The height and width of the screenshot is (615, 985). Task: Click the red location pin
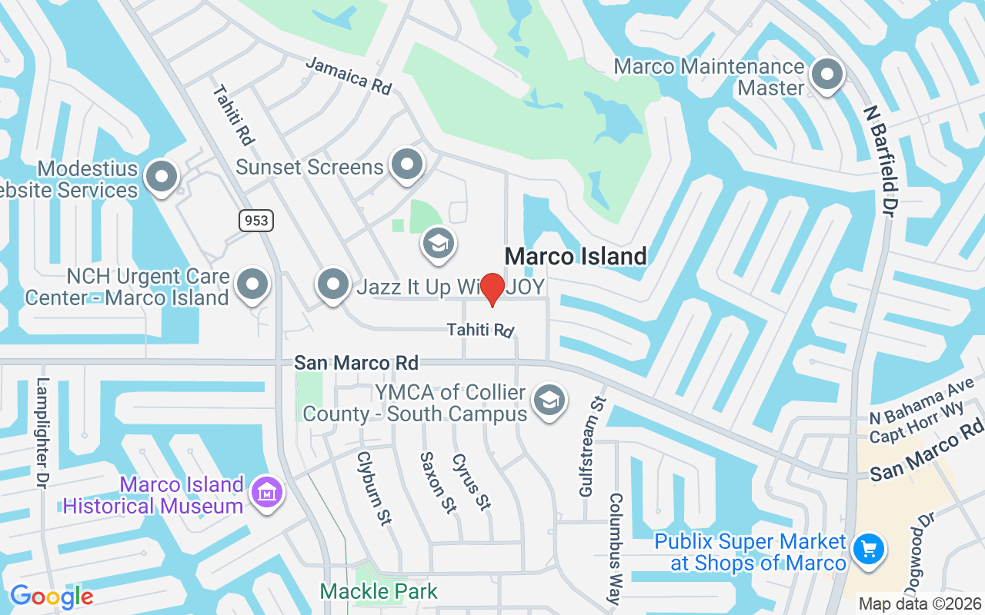(492, 289)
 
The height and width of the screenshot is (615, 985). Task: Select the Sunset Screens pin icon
(407, 165)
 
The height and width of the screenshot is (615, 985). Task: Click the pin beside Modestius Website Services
(162, 177)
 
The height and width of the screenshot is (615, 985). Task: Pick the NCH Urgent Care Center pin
(252, 284)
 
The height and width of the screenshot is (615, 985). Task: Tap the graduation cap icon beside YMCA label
(549, 401)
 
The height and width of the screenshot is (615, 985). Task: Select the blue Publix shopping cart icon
(870, 550)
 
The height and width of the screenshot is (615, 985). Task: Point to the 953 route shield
(255, 221)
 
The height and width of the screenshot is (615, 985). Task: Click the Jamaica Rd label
(349, 75)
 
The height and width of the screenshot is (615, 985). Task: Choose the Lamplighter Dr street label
(43, 434)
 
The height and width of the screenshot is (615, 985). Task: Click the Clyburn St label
(374, 487)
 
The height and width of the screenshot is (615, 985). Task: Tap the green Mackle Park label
(379, 591)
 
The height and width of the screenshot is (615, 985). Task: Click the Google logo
(52, 597)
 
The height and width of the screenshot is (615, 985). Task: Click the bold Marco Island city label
(576, 256)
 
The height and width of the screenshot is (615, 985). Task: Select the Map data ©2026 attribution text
(920, 604)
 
